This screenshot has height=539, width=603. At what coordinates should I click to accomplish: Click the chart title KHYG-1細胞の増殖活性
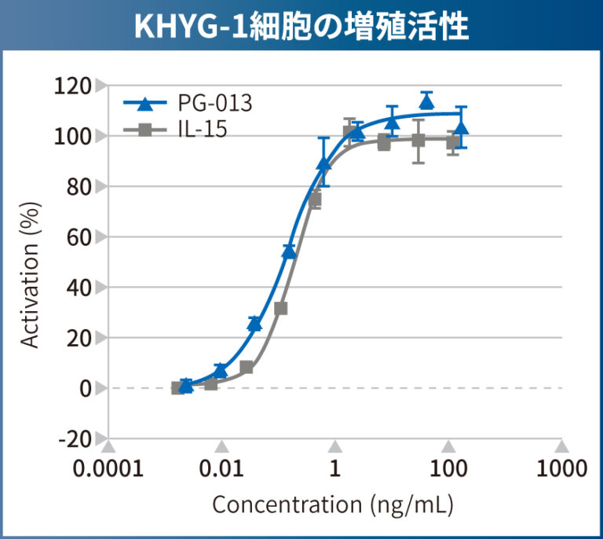pyautogui.click(x=301, y=27)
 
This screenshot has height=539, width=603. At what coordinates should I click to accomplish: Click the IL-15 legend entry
pyautogui.click(x=201, y=130)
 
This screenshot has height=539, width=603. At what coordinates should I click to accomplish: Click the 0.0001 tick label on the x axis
pyautogui.click(x=108, y=469)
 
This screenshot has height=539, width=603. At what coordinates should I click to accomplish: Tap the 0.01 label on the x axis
pyautogui.click(x=221, y=469)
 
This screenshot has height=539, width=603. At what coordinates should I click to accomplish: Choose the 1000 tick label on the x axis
pyautogui.click(x=561, y=469)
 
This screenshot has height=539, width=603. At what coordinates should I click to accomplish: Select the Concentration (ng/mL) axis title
pyautogui.click(x=333, y=504)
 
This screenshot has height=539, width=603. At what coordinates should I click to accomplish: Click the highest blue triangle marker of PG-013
pyautogui.click(x=426, y=101)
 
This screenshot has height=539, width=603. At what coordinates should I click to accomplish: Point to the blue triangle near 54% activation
pyautogui.click(x=289, y=251)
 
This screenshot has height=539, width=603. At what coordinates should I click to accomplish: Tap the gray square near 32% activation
pyautogui.click(x=280, y=308)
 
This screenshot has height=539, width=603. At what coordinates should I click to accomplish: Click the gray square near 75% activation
pyautogui.click(x=315, y=200)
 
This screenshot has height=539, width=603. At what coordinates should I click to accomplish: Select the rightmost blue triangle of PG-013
pyautogui.click(x=461, y=127)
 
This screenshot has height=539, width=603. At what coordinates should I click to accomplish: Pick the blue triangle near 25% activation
pyautogui.click(x=254, y=324)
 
